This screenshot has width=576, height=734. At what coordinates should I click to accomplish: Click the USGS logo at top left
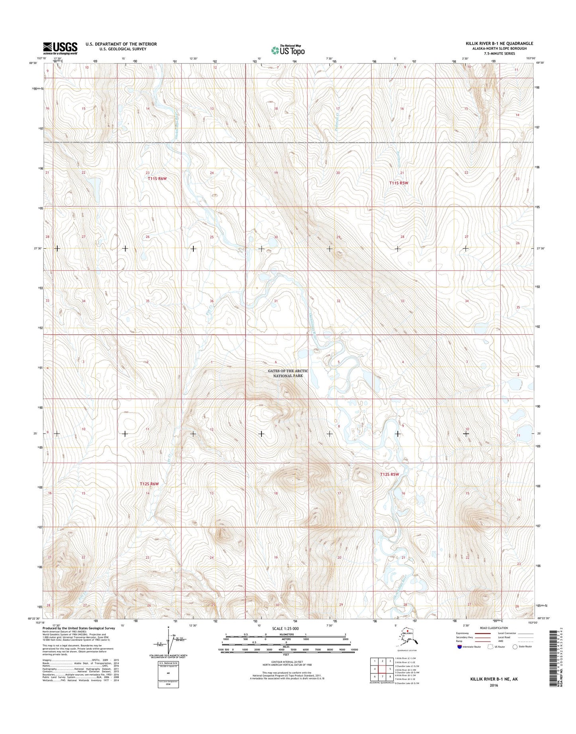pyautogui.click(x=60, y=48)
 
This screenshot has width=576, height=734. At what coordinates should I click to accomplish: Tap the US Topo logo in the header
pyautogui.click(x=288, y=50)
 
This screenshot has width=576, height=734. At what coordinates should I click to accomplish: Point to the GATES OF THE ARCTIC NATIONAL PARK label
pyautogui.click(x=288, y=373)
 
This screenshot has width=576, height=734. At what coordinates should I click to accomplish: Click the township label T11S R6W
pyautogui.click(x=157, y=179)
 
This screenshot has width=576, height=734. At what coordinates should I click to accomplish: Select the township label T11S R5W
pyautogui.click(x=399, y=183)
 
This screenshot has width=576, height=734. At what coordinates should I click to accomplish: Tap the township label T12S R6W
pyautogui.click(x=149, y=484)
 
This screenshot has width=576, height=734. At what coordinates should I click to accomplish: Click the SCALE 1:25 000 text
pyautogui.click(x=285, y=628)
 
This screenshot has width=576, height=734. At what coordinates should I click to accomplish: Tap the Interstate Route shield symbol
pyautogui.click(x=460, y=647)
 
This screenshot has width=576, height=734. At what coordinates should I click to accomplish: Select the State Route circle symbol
pyautogui.click(x=515, y=647)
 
